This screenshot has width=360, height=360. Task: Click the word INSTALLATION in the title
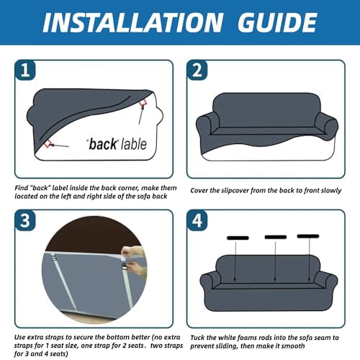pos(132,22)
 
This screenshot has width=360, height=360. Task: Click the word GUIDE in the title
pos(277,22)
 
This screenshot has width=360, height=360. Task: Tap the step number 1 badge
pos(25,70)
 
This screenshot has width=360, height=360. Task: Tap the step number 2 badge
pos(197,70)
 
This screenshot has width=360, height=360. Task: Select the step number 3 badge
pos(25,220)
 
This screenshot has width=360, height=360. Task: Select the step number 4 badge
pos(197,220)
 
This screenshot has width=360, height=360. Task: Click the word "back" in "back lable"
pos(103,144)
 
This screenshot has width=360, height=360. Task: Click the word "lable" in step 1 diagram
pos(133,144)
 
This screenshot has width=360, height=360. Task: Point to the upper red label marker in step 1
pos(143,102)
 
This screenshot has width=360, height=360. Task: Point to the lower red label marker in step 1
pos(48,144)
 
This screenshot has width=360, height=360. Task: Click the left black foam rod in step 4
pos(238,238)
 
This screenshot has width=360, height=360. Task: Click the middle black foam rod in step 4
pos(276,237)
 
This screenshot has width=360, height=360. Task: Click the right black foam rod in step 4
pos(308,236)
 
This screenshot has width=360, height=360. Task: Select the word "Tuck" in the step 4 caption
pos(197,338)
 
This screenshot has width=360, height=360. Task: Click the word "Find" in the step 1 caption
pos(21,188)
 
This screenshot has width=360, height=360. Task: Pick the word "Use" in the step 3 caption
pos(19,337)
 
